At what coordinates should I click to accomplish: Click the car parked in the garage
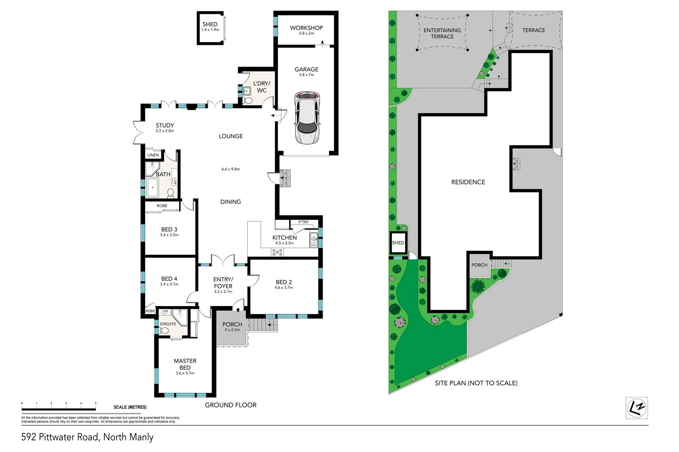coord(307,117)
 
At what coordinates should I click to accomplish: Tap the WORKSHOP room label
coord(306,28)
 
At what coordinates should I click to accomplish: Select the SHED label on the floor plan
coord(210,25)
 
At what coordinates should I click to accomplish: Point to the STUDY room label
coord(165,126)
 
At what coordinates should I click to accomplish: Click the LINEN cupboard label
coord(153,155)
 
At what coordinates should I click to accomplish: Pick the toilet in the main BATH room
coord(171,193)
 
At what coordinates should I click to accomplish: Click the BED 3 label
coord(169,229)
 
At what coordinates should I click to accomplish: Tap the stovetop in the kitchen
coord(277,252)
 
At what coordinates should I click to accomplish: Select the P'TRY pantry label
coord(303,222)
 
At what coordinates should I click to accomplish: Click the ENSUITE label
coord(168,324)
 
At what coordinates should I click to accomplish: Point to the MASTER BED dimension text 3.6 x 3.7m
coord(185,373)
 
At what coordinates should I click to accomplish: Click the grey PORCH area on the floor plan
coord(232,335)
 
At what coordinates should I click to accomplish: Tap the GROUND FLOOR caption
coord(230,405)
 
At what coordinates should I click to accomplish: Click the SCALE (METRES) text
coord(130,407)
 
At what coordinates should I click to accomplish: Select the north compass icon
coord(637,408)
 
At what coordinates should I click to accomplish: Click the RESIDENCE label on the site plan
coord(468,182)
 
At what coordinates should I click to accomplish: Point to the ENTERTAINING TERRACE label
coord(442,33)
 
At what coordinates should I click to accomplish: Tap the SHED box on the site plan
coord(398,243)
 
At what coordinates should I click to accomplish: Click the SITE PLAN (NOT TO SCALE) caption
coord(476,383)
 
